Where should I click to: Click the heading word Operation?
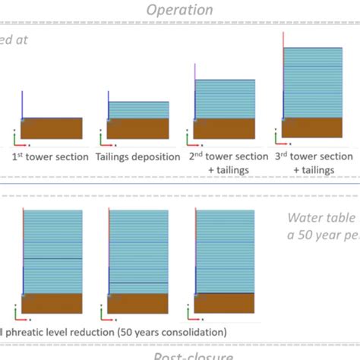pos(179,10)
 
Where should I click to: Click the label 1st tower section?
pos(50,156)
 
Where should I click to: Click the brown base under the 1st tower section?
pos(51,128)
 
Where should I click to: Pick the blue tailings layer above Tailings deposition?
pos(137,109)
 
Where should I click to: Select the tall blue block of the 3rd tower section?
pos(313,82)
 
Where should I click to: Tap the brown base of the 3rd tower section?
pos(313,129)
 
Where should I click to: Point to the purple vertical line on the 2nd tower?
pos(195,72)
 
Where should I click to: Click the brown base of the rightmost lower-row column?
pos(226,304)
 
